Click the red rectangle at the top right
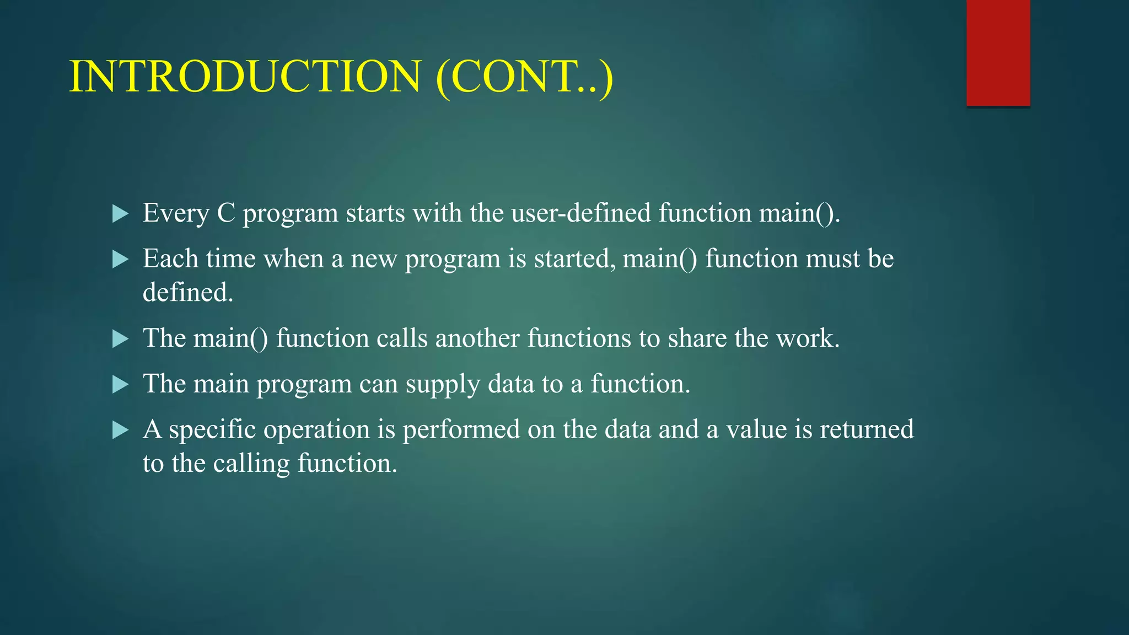[998, 52]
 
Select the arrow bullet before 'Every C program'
[120, 213]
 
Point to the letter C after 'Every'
[226, 213]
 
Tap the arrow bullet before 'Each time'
[120, 259]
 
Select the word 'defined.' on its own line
[188, 292]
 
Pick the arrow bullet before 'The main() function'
[120, 338]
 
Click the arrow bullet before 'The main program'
[120, 384]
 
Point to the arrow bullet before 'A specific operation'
[120, 430]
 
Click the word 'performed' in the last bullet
[461, 429]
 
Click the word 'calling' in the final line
[251, 464]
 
